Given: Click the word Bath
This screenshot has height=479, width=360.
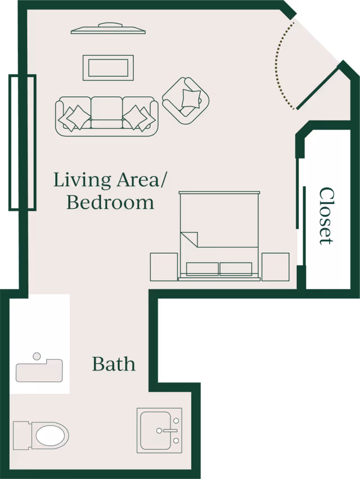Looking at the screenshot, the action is (114, 364).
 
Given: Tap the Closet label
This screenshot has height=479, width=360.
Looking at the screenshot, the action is (326, 216).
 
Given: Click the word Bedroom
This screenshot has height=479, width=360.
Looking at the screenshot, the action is (110, 202).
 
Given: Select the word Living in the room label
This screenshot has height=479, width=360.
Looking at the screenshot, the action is (82, 180).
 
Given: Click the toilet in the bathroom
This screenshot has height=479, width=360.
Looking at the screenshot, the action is (41, 435).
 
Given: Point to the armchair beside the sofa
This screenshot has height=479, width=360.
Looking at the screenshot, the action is (186, 101).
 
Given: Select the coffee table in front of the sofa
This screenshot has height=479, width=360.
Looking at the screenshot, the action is (108, 67).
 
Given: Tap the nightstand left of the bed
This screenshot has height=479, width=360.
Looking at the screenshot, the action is (164, 266).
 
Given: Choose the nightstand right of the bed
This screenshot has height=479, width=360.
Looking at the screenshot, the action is (276, 266).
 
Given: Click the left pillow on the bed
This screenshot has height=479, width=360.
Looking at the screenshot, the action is (202, 269).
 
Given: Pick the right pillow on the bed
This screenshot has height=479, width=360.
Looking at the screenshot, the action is (236, 269).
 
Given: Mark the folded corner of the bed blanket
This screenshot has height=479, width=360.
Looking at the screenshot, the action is (190, 239).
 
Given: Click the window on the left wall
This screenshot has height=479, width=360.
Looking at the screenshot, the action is (22, 142).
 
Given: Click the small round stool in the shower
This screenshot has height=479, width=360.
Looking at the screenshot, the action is (37, 356).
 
